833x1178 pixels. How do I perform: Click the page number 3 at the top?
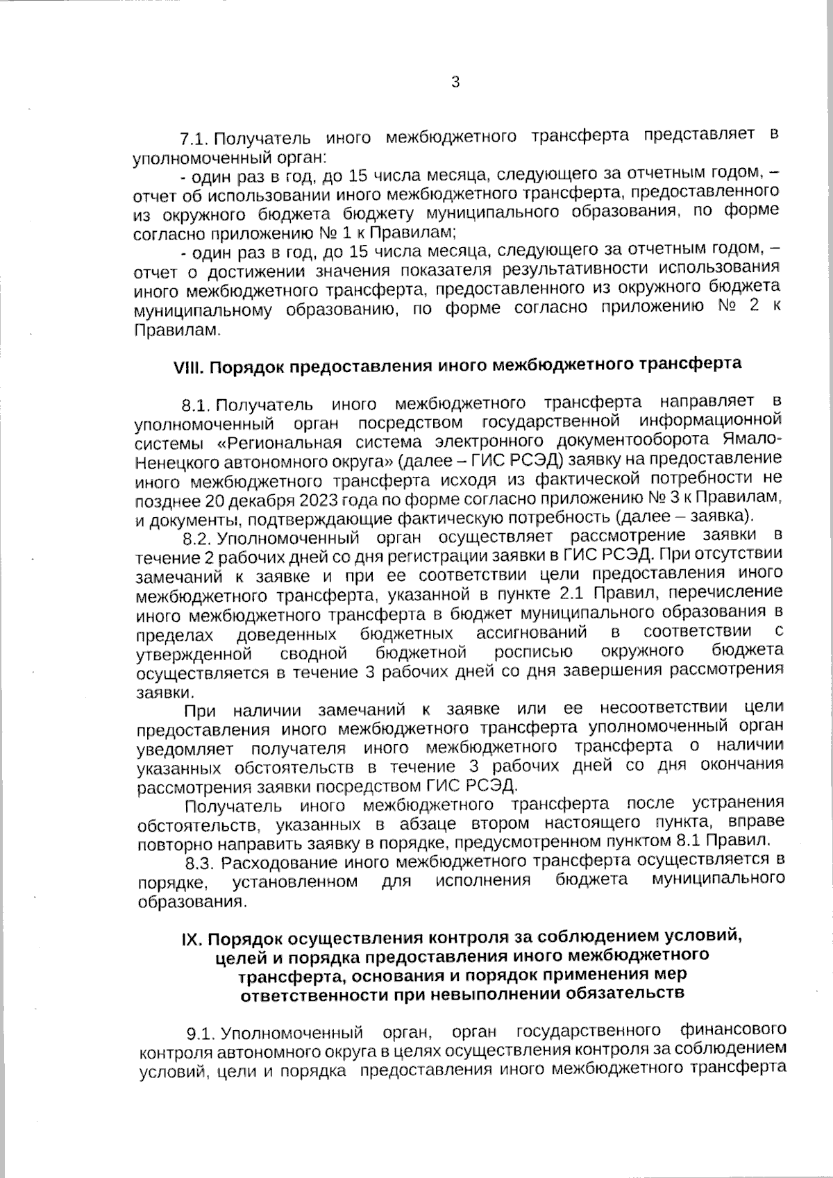[455, 83]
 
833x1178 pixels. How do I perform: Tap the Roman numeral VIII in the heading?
[187, 366]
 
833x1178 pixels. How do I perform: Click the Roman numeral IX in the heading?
[191, 939]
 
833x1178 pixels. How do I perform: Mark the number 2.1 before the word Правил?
[573, 594]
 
